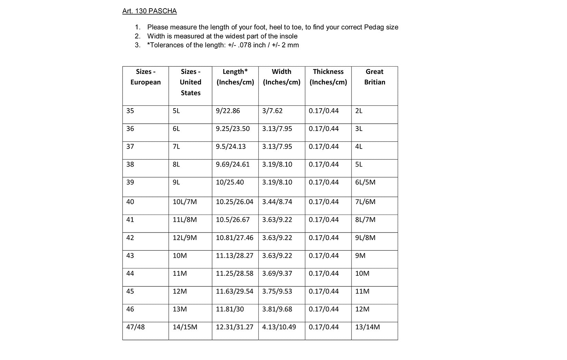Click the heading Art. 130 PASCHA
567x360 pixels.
[x=150, y=11]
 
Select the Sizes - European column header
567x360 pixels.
[x=145, y=77]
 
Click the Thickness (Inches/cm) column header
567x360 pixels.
[x=328, y=77]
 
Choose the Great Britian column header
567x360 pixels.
[x=375, y=77]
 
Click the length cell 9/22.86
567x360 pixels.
[x=228, y=111]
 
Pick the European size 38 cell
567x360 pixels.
[x=130, y=164]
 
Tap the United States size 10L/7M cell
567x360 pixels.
[x=185, y=202]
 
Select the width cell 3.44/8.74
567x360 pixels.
[x=277, y=202]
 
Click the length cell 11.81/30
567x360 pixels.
[x=230, y=309]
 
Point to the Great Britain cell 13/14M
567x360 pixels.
[x=367, y=327]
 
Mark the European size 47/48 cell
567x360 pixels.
[x=135, y=327]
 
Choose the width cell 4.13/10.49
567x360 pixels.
[x=279, y=327]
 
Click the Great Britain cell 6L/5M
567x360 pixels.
[x=365, y=182]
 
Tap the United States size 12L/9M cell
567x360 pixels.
[x=185, y=238]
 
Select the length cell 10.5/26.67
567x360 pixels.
[x=233, y=220]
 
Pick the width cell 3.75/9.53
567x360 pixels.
[x=277, y=291]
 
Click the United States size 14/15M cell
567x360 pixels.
[x=185, y=327]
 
